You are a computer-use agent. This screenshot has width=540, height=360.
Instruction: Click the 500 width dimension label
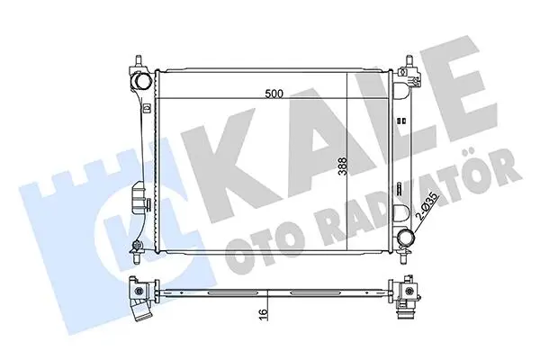tap(274, 94)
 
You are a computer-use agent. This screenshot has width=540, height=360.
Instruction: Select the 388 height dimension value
tap(342, 167)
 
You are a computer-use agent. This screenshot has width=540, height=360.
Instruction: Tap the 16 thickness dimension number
tap(263, 314)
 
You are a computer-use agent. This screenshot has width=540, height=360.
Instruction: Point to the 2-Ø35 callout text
tap(427, 207)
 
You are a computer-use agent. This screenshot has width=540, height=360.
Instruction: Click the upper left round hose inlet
tap(142, 81)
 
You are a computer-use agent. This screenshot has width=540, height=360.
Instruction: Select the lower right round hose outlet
tap(405, 237)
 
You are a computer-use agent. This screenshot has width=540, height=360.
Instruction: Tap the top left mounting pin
tap(139, 60)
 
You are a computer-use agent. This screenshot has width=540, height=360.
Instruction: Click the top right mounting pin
tap(409, 60)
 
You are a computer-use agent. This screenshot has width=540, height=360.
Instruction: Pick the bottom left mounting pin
tap(137, 257)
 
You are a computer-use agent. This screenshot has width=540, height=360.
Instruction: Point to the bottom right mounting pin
tap(403, 258)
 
